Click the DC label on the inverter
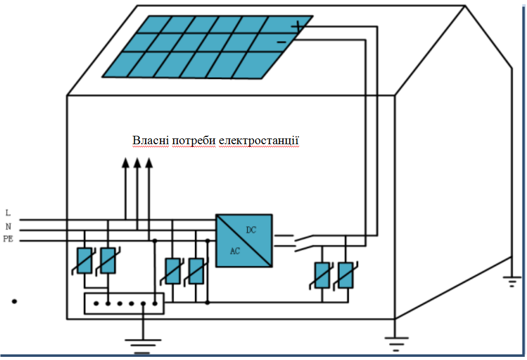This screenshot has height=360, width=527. point(251,230)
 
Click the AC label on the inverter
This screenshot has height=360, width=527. point(235,251)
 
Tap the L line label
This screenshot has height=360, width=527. point(8,213)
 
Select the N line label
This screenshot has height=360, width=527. point(8,226)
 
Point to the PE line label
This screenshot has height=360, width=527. point(8,239)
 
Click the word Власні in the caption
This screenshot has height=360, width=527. point(150,141)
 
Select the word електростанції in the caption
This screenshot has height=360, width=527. point(259,141)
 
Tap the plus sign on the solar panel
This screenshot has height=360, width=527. point(297,26)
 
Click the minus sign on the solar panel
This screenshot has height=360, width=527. point(281,42)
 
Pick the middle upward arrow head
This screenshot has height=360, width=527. point(137,163)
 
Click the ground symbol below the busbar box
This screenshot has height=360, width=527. point(143,346)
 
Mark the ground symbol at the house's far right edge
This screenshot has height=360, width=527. point(512,282)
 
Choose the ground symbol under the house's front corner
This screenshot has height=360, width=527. point(396,344)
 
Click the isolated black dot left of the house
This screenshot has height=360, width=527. point(14,302)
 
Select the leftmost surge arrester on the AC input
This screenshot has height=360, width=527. point(84,261)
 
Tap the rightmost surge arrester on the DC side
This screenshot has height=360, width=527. point(346,275)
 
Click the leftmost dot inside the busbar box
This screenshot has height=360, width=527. point(96,304)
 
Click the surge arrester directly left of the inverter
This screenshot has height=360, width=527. point(196,271)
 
